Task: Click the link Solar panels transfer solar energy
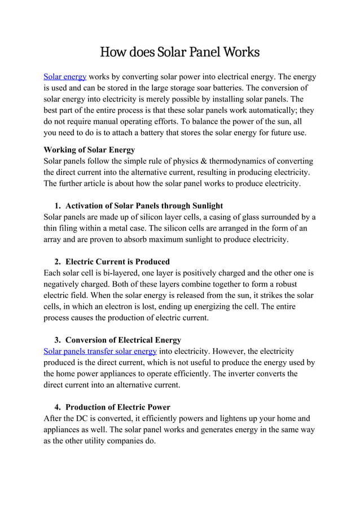(100, 351)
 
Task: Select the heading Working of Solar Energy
(89, 150)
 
